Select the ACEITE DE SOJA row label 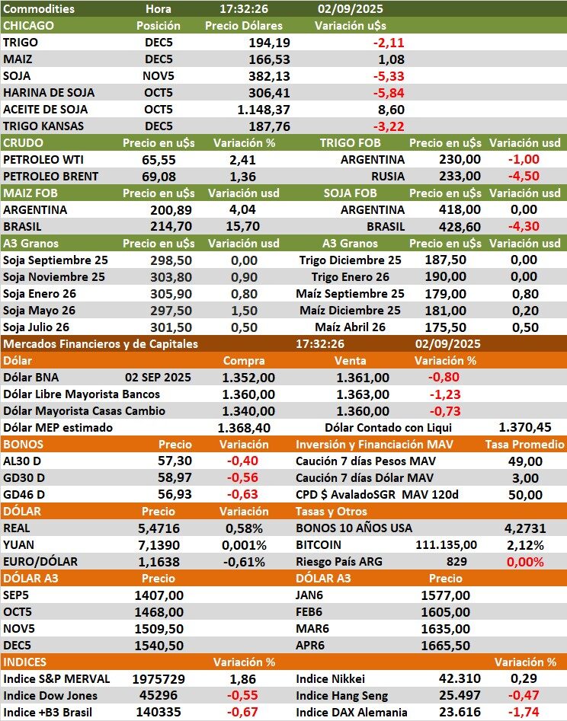tap(45, 109)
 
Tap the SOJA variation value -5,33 tap(389, 76)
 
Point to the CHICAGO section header tap(29, 26)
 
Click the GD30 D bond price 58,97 tap(175, 477)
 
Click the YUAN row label tap(21, 544)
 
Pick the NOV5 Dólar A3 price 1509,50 tap(159, 628)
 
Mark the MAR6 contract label tap(311, 628)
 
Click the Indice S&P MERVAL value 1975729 tap(159, 678)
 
